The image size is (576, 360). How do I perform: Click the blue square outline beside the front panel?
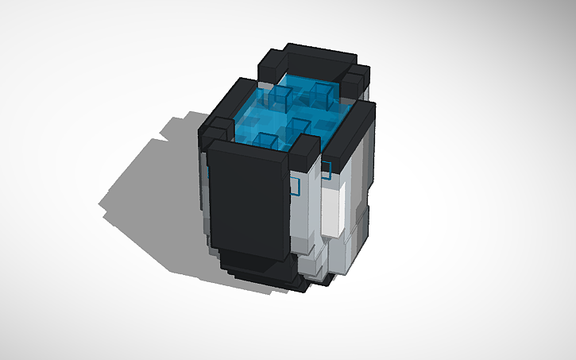click(x=295, y=187)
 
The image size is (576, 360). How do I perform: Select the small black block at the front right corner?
click(x=305, y=151)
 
